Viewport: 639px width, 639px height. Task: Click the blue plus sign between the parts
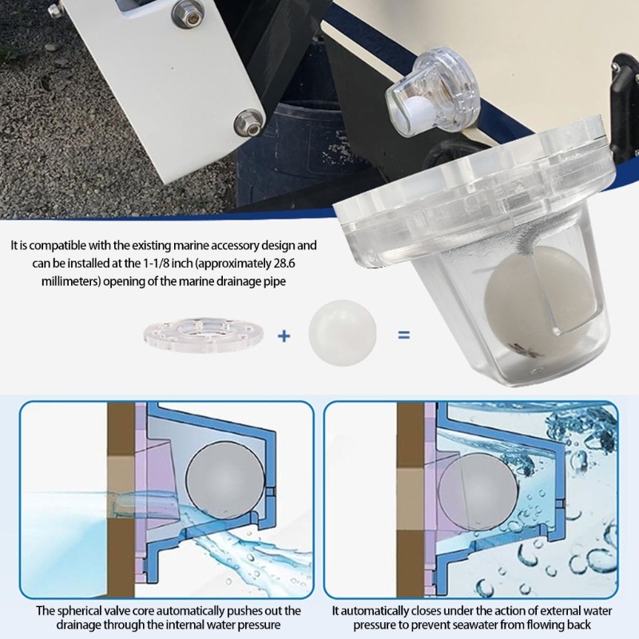(284, 335)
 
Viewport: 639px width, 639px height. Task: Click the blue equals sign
(404, 335)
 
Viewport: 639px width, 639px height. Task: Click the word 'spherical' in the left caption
(81, 611)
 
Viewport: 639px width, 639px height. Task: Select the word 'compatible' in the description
(54, 245)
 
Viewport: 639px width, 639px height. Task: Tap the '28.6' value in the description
(300, 264)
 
